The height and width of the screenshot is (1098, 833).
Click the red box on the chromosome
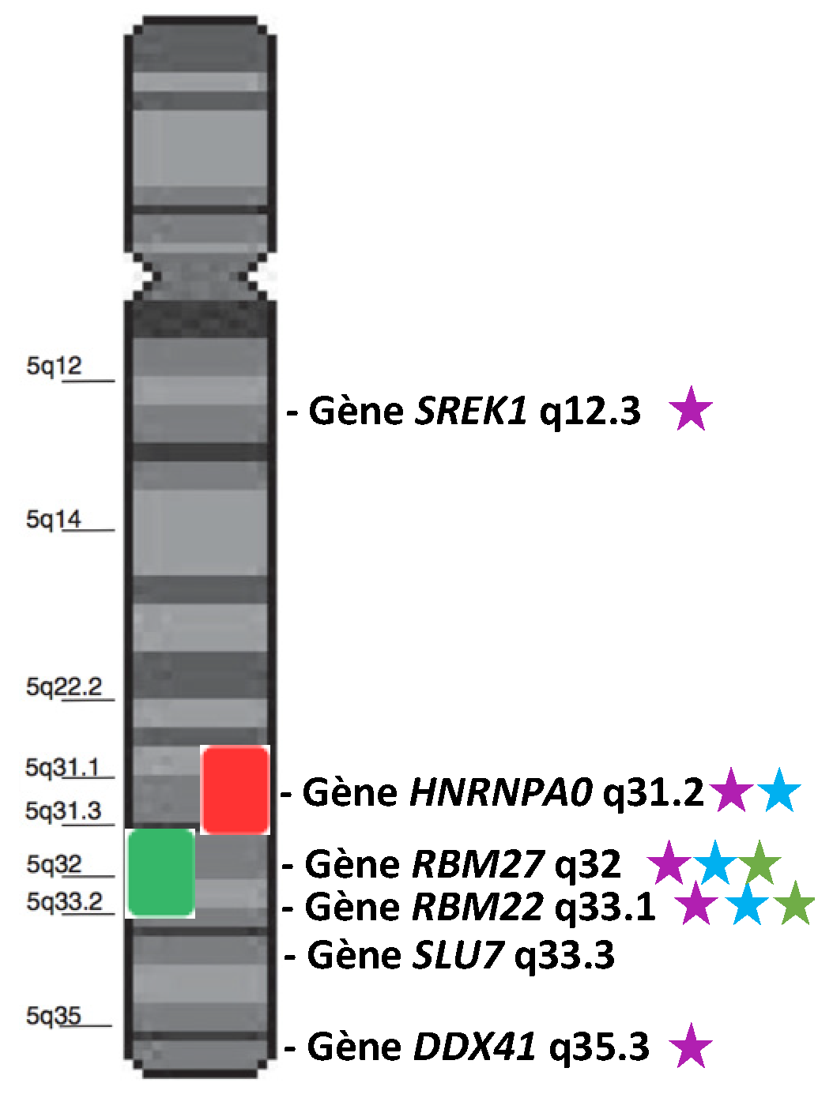click(236, 790)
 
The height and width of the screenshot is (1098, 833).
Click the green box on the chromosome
click(161, 873)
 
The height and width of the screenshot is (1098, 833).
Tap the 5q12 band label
click(54, 366)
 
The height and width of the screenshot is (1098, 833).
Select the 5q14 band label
click(54, 519)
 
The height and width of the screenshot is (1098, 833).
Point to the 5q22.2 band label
click(64, 686)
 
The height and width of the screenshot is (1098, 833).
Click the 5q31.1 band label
click(62, 767)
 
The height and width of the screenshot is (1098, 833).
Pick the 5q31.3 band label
click(63, 810)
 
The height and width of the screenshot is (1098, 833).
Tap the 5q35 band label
click(54, 1015)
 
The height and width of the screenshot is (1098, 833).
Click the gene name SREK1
click(471, 411)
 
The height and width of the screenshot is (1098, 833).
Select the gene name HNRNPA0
click(501, 792)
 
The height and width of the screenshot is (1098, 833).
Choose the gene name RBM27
click(479, 864)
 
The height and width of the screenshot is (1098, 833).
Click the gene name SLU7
click(458, 956)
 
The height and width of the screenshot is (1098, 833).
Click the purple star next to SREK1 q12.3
click(691, 409)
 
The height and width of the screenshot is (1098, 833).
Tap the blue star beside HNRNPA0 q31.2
click(779, 791)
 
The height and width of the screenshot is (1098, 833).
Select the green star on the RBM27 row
click(759, 863)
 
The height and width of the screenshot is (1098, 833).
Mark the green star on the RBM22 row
click(794, 904)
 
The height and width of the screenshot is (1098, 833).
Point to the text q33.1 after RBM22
click(605, 907)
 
